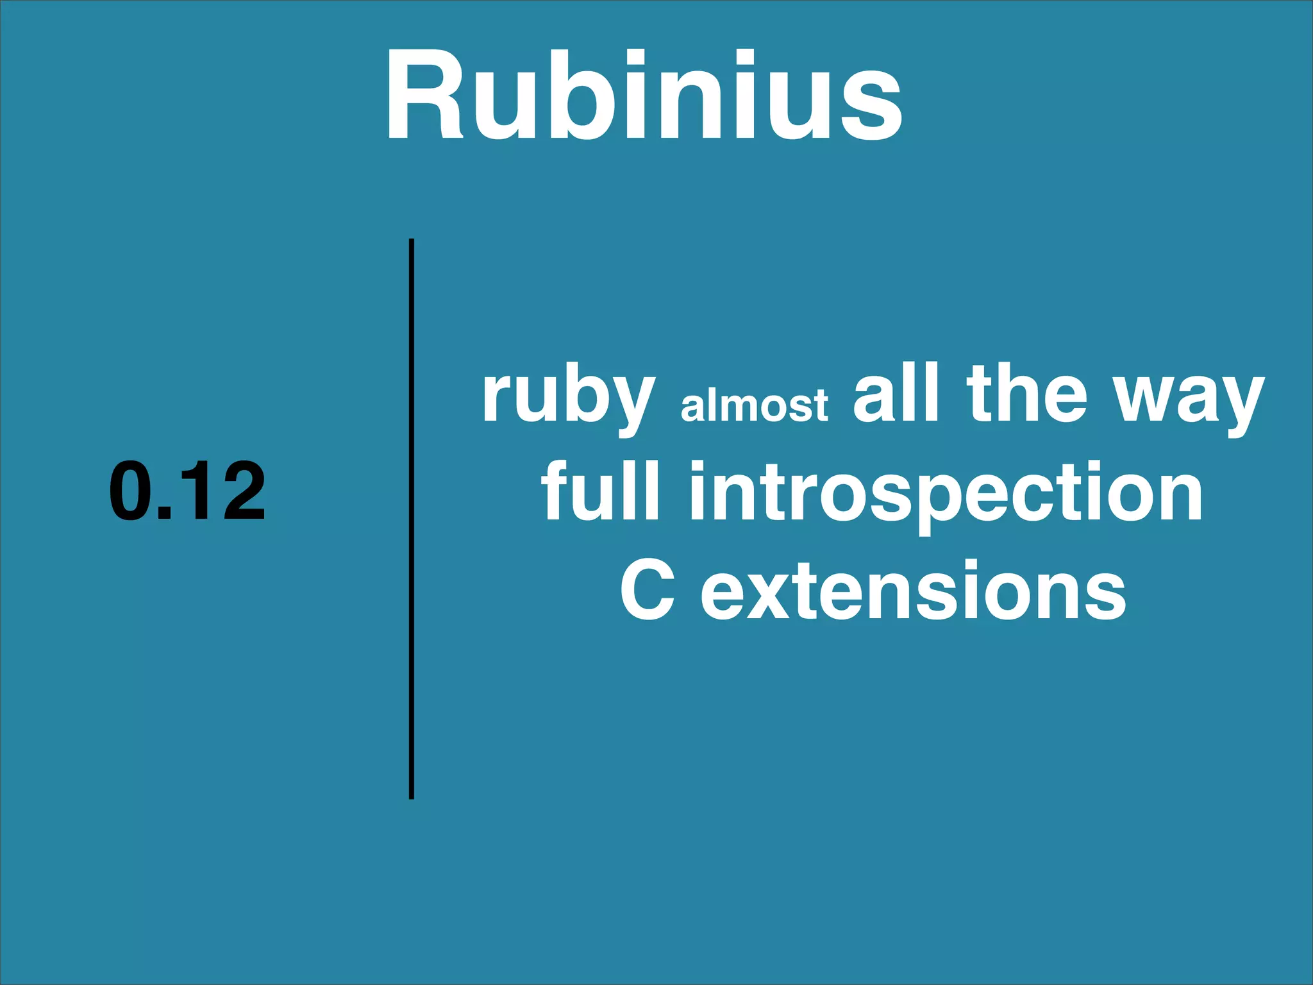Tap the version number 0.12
coord(187,491)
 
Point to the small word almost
coord(754,405)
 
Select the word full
coord(600,491)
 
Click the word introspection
coord(946,494)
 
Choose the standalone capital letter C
coord(648,590)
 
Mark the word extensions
coord(913,590)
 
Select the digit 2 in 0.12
coord(241,491)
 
